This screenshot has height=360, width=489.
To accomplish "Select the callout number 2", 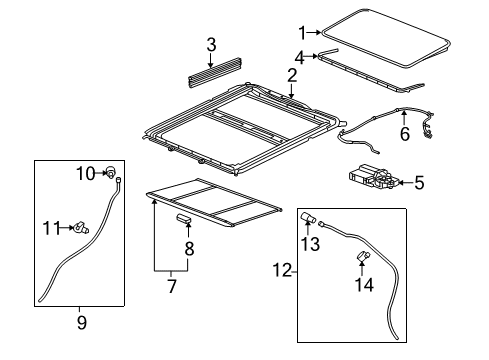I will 291,75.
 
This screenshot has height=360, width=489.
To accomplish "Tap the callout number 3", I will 211,44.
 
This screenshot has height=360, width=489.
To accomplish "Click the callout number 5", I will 418,182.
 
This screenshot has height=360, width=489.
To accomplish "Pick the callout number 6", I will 404,132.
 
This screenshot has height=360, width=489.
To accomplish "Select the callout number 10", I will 86,174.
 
